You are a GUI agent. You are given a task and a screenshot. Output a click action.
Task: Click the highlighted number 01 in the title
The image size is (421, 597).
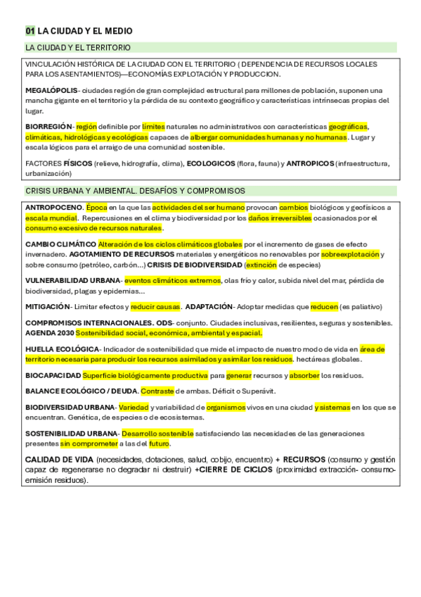click(30, 31)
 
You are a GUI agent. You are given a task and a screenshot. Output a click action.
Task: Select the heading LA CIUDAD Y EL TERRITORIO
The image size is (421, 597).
click(78, 47)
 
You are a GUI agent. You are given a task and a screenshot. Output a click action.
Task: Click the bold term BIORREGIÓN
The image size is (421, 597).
click(48, 127)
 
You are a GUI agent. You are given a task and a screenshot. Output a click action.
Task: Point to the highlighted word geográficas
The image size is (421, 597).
click(348, 127)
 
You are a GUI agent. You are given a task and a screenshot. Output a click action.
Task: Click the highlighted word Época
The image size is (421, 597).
click(97, 208)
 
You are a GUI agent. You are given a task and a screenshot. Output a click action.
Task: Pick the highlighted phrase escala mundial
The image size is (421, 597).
click(51, 218)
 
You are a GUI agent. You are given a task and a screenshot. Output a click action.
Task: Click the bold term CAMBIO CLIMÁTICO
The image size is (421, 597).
click(60, 244)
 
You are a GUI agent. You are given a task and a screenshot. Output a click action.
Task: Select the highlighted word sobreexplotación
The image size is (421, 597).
click(350, 254)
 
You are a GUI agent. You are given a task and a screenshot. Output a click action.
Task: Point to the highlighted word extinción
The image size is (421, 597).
click(260, 265)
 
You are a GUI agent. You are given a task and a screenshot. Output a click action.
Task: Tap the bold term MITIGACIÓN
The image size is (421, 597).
click(48, 306)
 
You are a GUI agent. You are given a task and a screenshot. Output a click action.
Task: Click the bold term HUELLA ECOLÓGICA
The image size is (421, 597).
click(62, 349)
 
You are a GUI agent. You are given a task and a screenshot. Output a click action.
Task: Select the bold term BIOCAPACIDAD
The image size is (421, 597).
click(53, 375)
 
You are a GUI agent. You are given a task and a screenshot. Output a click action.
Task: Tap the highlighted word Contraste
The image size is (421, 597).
click(157, 391)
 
